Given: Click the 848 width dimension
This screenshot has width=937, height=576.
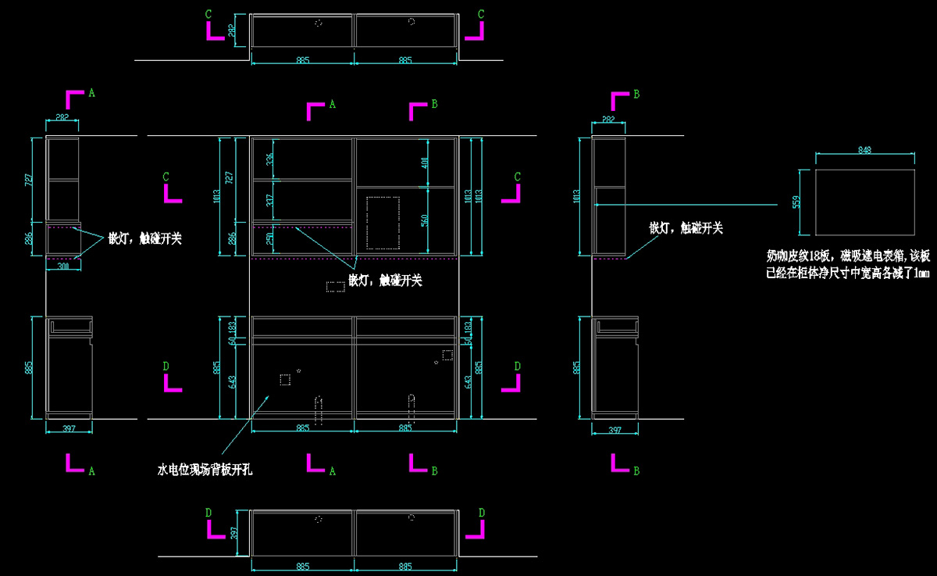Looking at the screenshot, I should pyautogui.click(x=864, y=149).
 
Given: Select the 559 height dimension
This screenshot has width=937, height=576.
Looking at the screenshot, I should pyautogui.click(x=796, y=202).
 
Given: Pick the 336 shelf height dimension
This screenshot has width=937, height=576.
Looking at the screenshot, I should pyautogui.click(x=270, y=159).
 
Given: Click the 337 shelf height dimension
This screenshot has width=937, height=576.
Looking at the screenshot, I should pyautogui.click(x=270, y=201).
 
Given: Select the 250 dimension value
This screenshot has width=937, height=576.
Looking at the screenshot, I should pyautogui.click(x=270, y=239).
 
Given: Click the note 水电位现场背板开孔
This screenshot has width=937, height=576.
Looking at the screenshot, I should pyautogui.click(x=205, y=470).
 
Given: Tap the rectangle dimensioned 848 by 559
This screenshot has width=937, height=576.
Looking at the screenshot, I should pyautogui.click(x=864, y=202).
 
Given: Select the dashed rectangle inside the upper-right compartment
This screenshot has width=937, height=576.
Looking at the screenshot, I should pyautogui.click(x=383, y=223).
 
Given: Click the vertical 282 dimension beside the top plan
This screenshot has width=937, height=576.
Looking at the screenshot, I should pyautogui.click(x=231, y=30).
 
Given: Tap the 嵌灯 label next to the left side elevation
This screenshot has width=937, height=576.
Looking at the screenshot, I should pyautogui.click(x=145, y=238).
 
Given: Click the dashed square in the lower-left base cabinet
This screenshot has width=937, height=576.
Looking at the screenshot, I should pyautogui.click(x=285, y=380).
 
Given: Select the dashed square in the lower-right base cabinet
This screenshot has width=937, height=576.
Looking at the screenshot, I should pyautogui.click(x=447, y=355).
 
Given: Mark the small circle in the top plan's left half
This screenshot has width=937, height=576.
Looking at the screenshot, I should pyautogui.click(x=319, y=23).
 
